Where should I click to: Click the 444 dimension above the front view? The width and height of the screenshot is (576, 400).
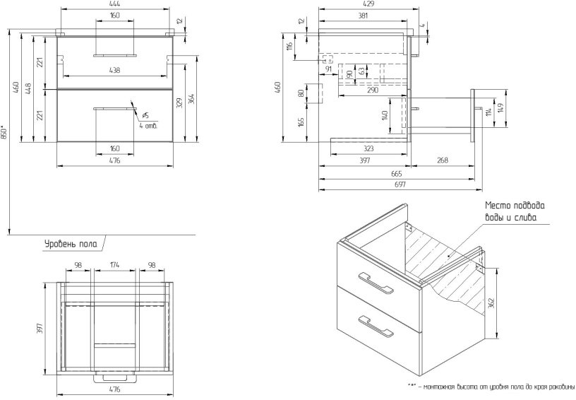pos(115,5)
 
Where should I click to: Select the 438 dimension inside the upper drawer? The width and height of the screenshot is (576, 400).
pos(115,70)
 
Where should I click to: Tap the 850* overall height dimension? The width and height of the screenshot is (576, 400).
pos(4,133)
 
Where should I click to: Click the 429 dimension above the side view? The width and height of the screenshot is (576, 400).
pos(364,5)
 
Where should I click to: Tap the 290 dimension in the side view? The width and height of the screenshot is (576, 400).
pos(373,90)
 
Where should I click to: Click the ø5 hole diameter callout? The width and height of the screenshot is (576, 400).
pos(145,115)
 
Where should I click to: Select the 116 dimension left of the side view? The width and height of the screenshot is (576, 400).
pos(289,47)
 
